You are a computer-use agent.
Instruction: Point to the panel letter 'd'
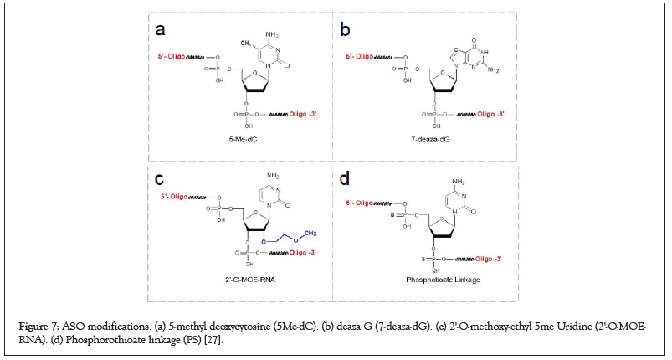(x=345, y=180)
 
